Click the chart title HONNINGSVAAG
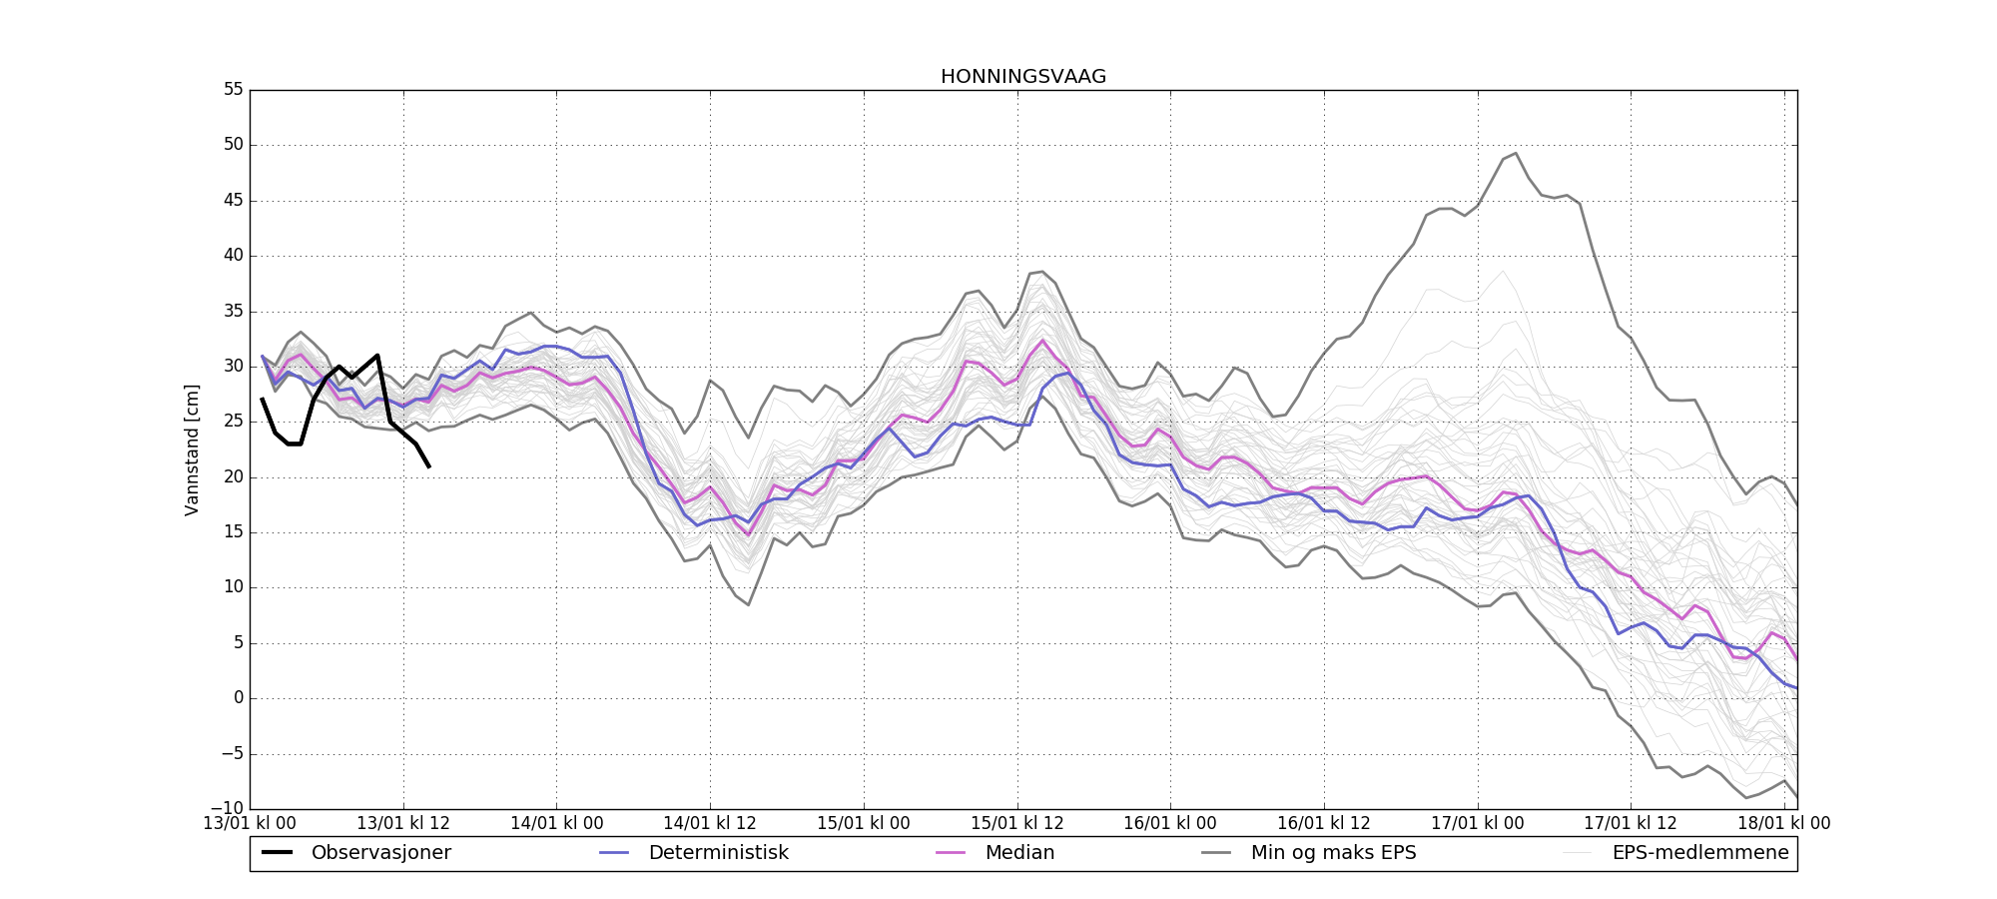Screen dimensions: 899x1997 pos(1022,77)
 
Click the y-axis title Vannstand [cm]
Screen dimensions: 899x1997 pos(192,449)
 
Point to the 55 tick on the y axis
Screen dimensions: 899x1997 pos(233,89)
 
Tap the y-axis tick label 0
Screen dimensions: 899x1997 pos(238,697)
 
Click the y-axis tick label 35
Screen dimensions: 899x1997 pos(233,311)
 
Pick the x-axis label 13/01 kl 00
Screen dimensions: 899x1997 pos(250,823)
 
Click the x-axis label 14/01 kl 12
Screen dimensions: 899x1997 pos(710,823)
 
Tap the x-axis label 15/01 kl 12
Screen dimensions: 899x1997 pos(1017,823)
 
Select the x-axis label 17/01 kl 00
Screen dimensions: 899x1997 pos(1478,823)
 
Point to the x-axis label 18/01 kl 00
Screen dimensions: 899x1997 pos(1784,823)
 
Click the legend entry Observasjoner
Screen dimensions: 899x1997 pos(380,853)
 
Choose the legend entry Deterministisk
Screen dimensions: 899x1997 pos(718,853)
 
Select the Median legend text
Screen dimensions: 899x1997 pos(1019,853)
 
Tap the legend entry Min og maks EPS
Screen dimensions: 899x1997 pos(1333,853)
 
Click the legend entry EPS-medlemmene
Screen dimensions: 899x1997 pos(1700,853)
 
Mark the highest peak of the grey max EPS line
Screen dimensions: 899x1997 pos(1516,153)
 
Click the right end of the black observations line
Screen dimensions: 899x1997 pos(429,466)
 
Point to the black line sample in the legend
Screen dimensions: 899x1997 pos(277,853)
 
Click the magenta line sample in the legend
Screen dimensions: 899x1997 pos(951,853)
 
